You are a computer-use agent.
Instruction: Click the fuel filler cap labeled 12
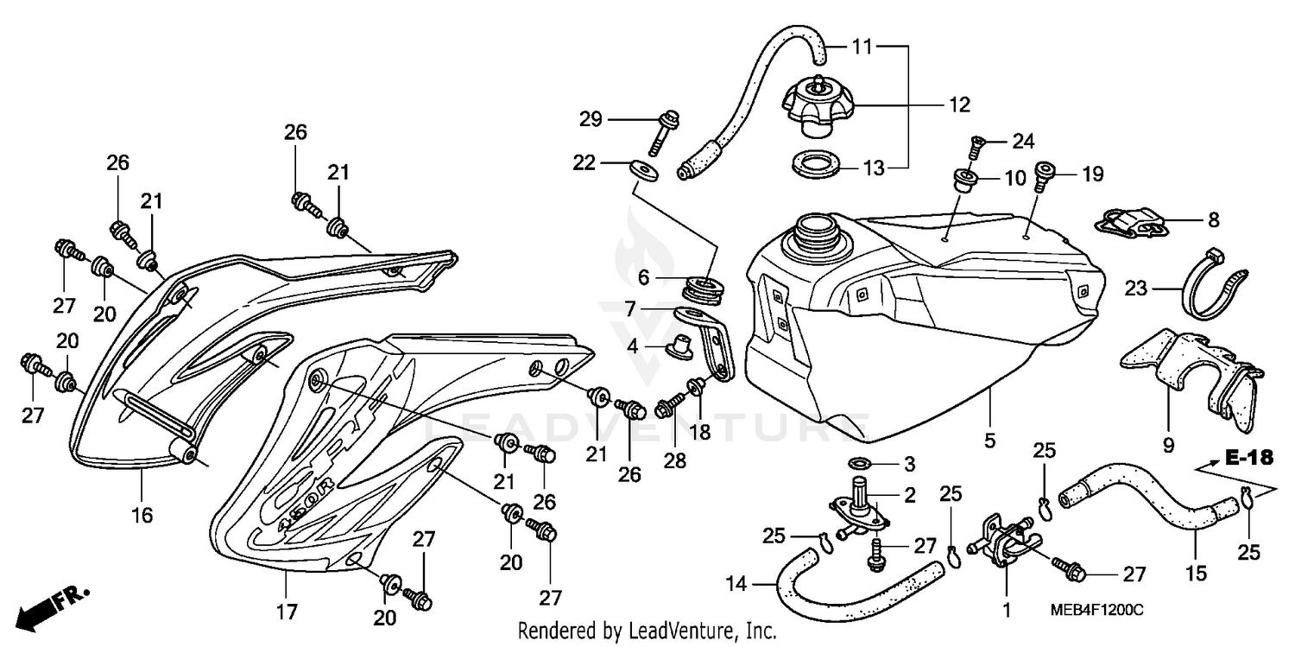[x=818, y=108]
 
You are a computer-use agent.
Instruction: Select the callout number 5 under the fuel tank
[x=989, y=440]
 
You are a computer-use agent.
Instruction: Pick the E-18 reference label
[x=1248, y=459]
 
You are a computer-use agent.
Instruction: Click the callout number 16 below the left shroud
[x=142, y=516]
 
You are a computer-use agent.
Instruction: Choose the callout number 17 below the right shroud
[x=287, y=612]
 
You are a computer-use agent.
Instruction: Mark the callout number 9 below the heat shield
[x=1168, y=446]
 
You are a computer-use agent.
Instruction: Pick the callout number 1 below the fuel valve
[x=1006, y=611]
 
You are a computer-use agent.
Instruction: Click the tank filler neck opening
[x=811, y=229]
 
